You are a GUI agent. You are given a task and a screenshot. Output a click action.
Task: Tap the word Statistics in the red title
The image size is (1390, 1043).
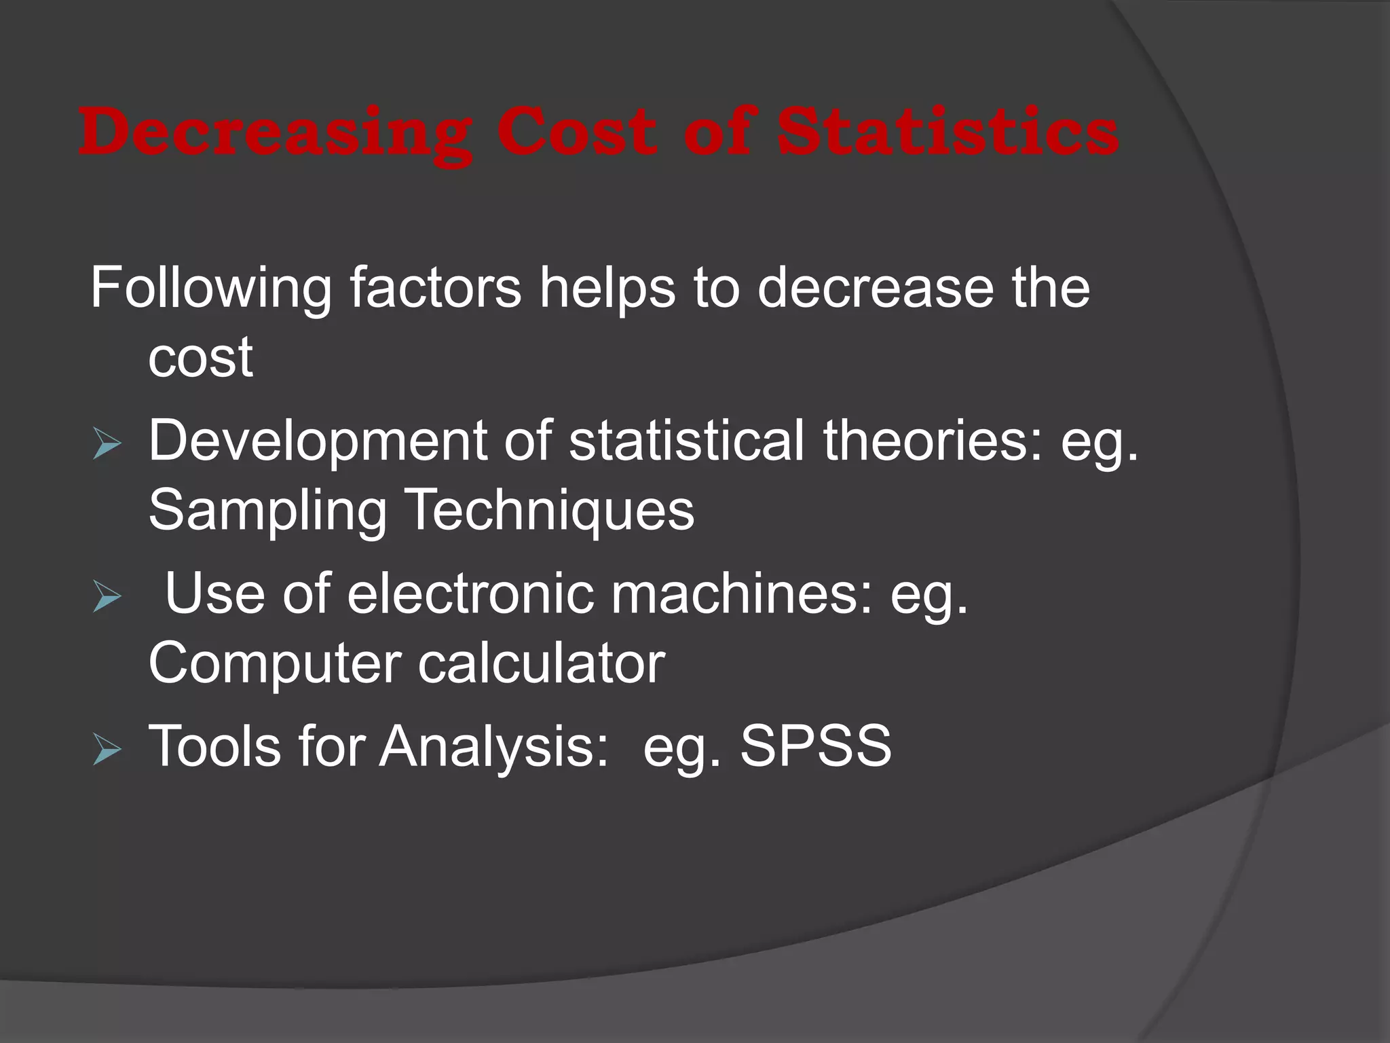click(x=947, y=132)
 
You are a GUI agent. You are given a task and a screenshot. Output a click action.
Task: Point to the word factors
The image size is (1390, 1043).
click(x=435, y=287)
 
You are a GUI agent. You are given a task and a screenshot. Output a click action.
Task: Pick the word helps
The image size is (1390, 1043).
click(x=607, y=287)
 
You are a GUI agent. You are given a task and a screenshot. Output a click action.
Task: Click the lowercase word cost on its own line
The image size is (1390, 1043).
click(x=200, y=358)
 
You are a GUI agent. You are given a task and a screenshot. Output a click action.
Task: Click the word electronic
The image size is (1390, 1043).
click(x=470, y=593)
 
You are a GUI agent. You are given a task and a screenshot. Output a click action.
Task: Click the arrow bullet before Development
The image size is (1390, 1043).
click(x=107, y=445)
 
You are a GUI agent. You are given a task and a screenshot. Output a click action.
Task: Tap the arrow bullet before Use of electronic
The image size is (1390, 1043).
click(x=107, y=598)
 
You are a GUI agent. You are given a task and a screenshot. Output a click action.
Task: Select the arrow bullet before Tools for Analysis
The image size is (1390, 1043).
click(x=107, y=750)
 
